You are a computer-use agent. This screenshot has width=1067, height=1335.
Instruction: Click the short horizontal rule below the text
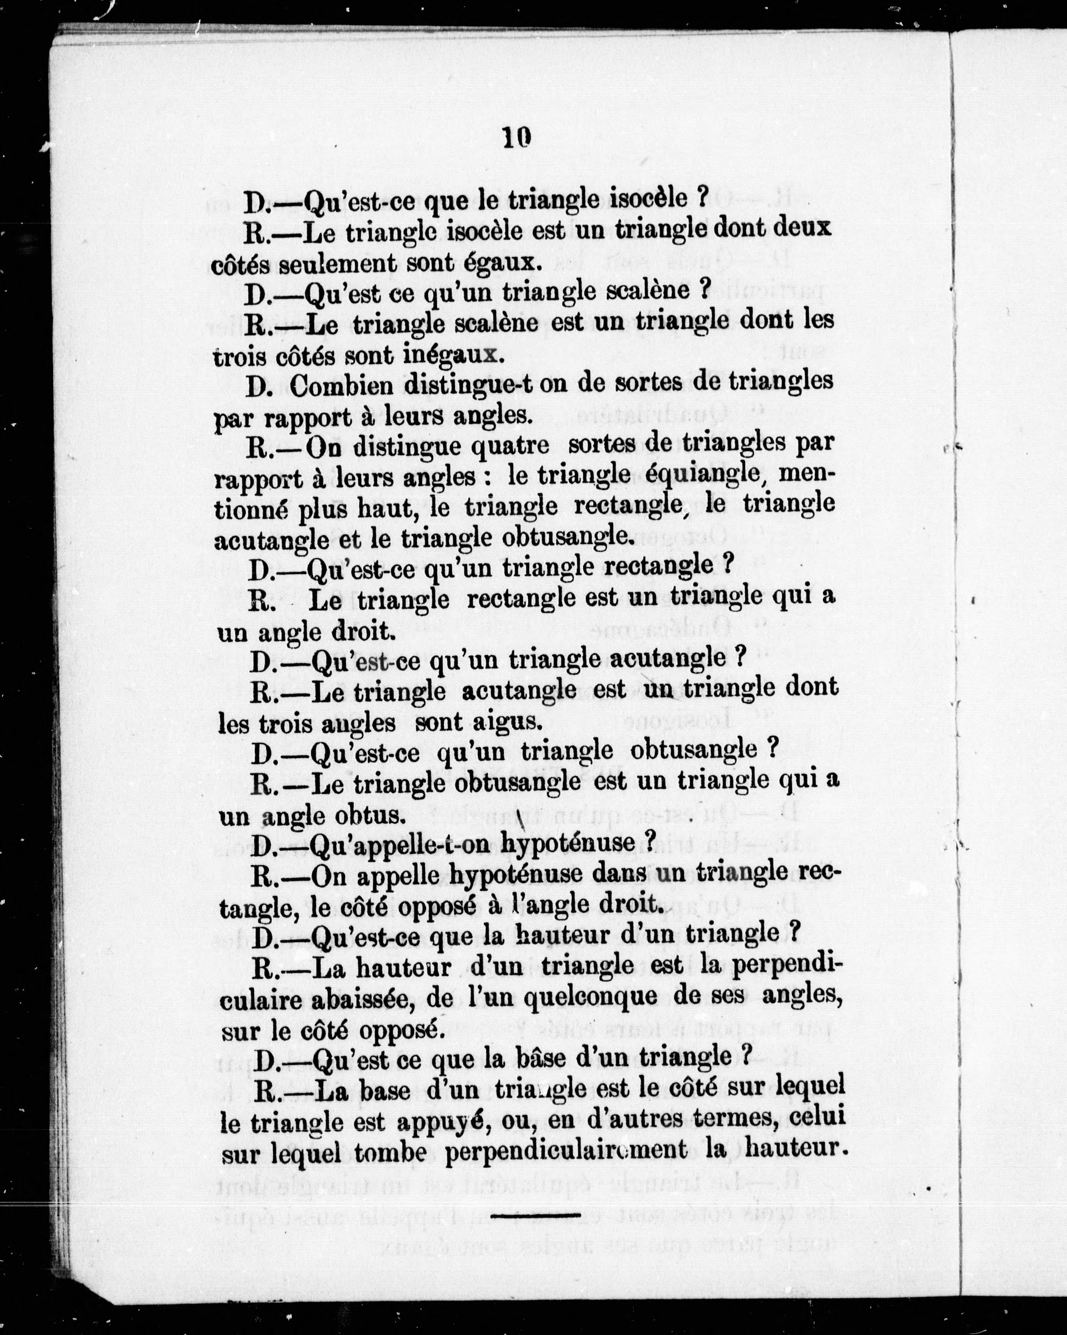(535, 1215)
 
